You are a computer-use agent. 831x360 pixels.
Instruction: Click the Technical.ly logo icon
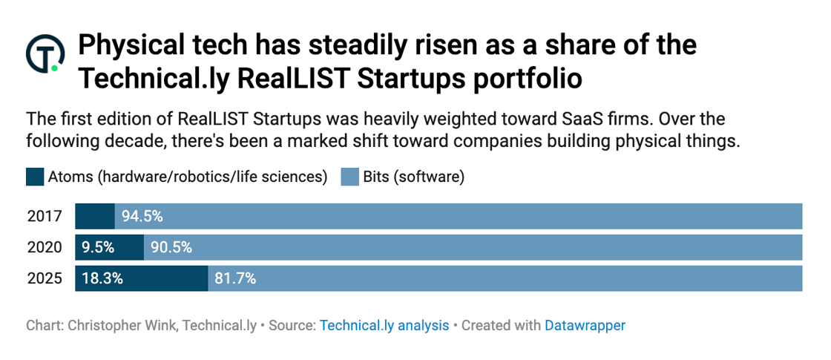tap(45, 53)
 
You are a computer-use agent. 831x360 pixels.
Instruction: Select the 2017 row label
tap(45, 217)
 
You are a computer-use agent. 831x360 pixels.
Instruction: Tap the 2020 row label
tap(45, 247)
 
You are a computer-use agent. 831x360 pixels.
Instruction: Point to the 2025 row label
tap(45, 278)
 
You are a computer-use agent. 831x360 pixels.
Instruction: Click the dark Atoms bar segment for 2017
tap(95, 217)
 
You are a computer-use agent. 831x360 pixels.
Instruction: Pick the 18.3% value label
tap(102, 278)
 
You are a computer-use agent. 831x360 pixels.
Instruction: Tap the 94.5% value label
tap(142, 217)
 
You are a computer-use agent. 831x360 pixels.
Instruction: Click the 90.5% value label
tap(171, 247)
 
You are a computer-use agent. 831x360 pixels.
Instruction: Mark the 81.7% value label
tap(235, 278)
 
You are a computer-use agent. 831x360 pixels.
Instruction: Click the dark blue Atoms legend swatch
tap(35, 177)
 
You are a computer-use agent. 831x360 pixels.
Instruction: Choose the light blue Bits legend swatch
tap(349, 177)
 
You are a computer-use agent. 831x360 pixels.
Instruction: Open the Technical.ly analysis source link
tap(384, 325)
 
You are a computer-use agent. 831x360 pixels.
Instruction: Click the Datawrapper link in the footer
tap(585, 325)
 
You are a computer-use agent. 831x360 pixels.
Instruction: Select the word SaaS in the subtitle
tap(553, 120)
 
